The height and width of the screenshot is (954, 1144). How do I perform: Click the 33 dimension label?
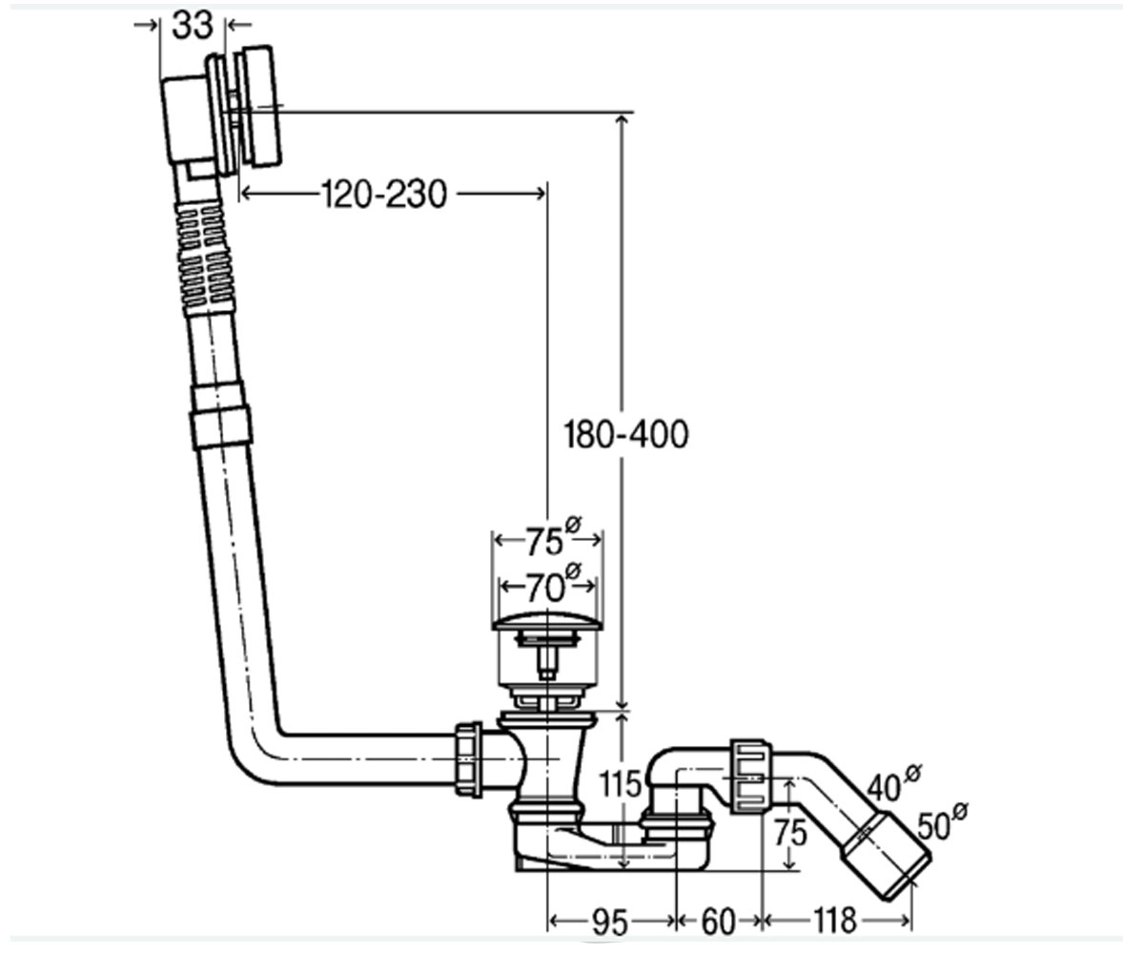point(192,25)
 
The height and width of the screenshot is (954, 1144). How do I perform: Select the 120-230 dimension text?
point(384,194)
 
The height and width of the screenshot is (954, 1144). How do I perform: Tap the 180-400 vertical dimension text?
point(625,434)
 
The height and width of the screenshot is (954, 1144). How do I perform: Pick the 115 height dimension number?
point(620,783)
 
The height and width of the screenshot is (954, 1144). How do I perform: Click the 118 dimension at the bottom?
point(835,921)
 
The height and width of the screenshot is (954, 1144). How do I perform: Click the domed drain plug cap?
point(547,621)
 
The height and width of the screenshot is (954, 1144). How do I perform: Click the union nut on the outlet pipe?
point(750,776)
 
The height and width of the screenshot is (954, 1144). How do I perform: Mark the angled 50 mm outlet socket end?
point(885,856)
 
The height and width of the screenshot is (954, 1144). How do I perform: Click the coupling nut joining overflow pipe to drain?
point(469,759)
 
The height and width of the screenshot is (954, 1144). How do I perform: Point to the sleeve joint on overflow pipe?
point(220,417)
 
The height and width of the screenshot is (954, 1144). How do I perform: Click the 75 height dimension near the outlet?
point(790,833)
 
